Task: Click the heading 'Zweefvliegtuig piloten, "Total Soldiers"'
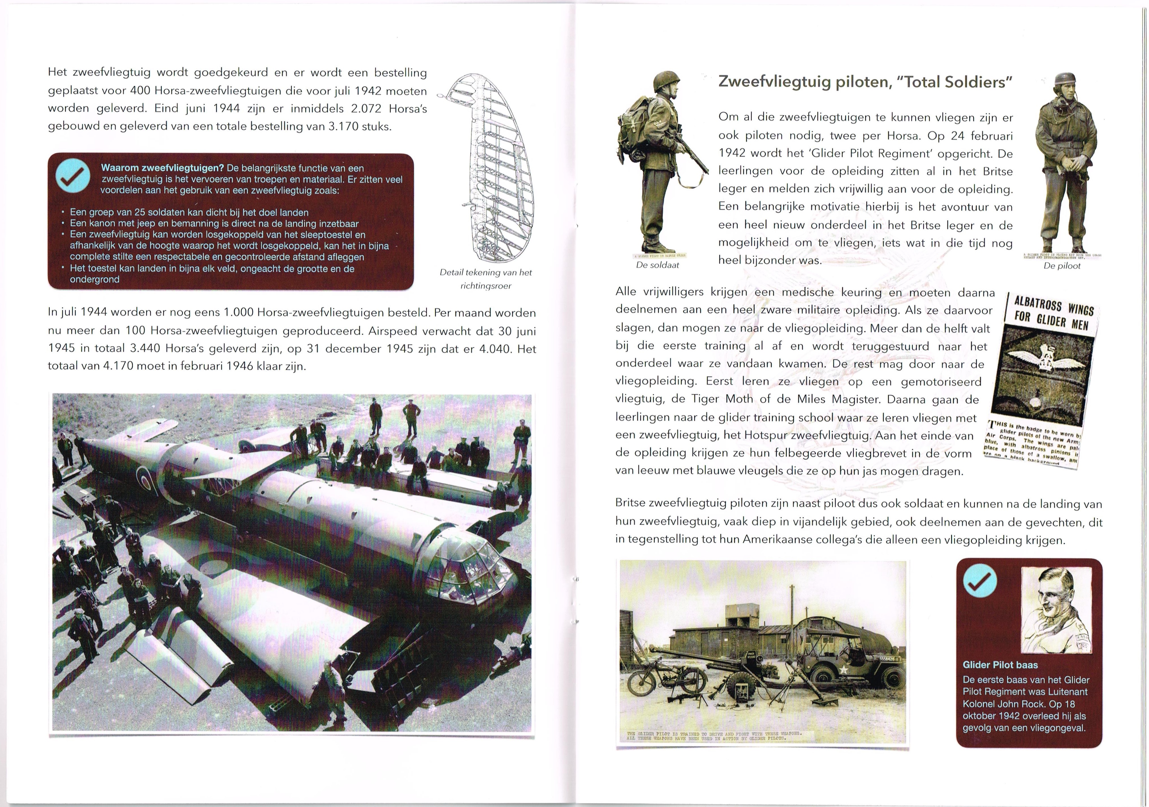click(865, 82)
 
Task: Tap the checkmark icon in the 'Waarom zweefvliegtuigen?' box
click(73, 177)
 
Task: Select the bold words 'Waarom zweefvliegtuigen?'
click(162, 168)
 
